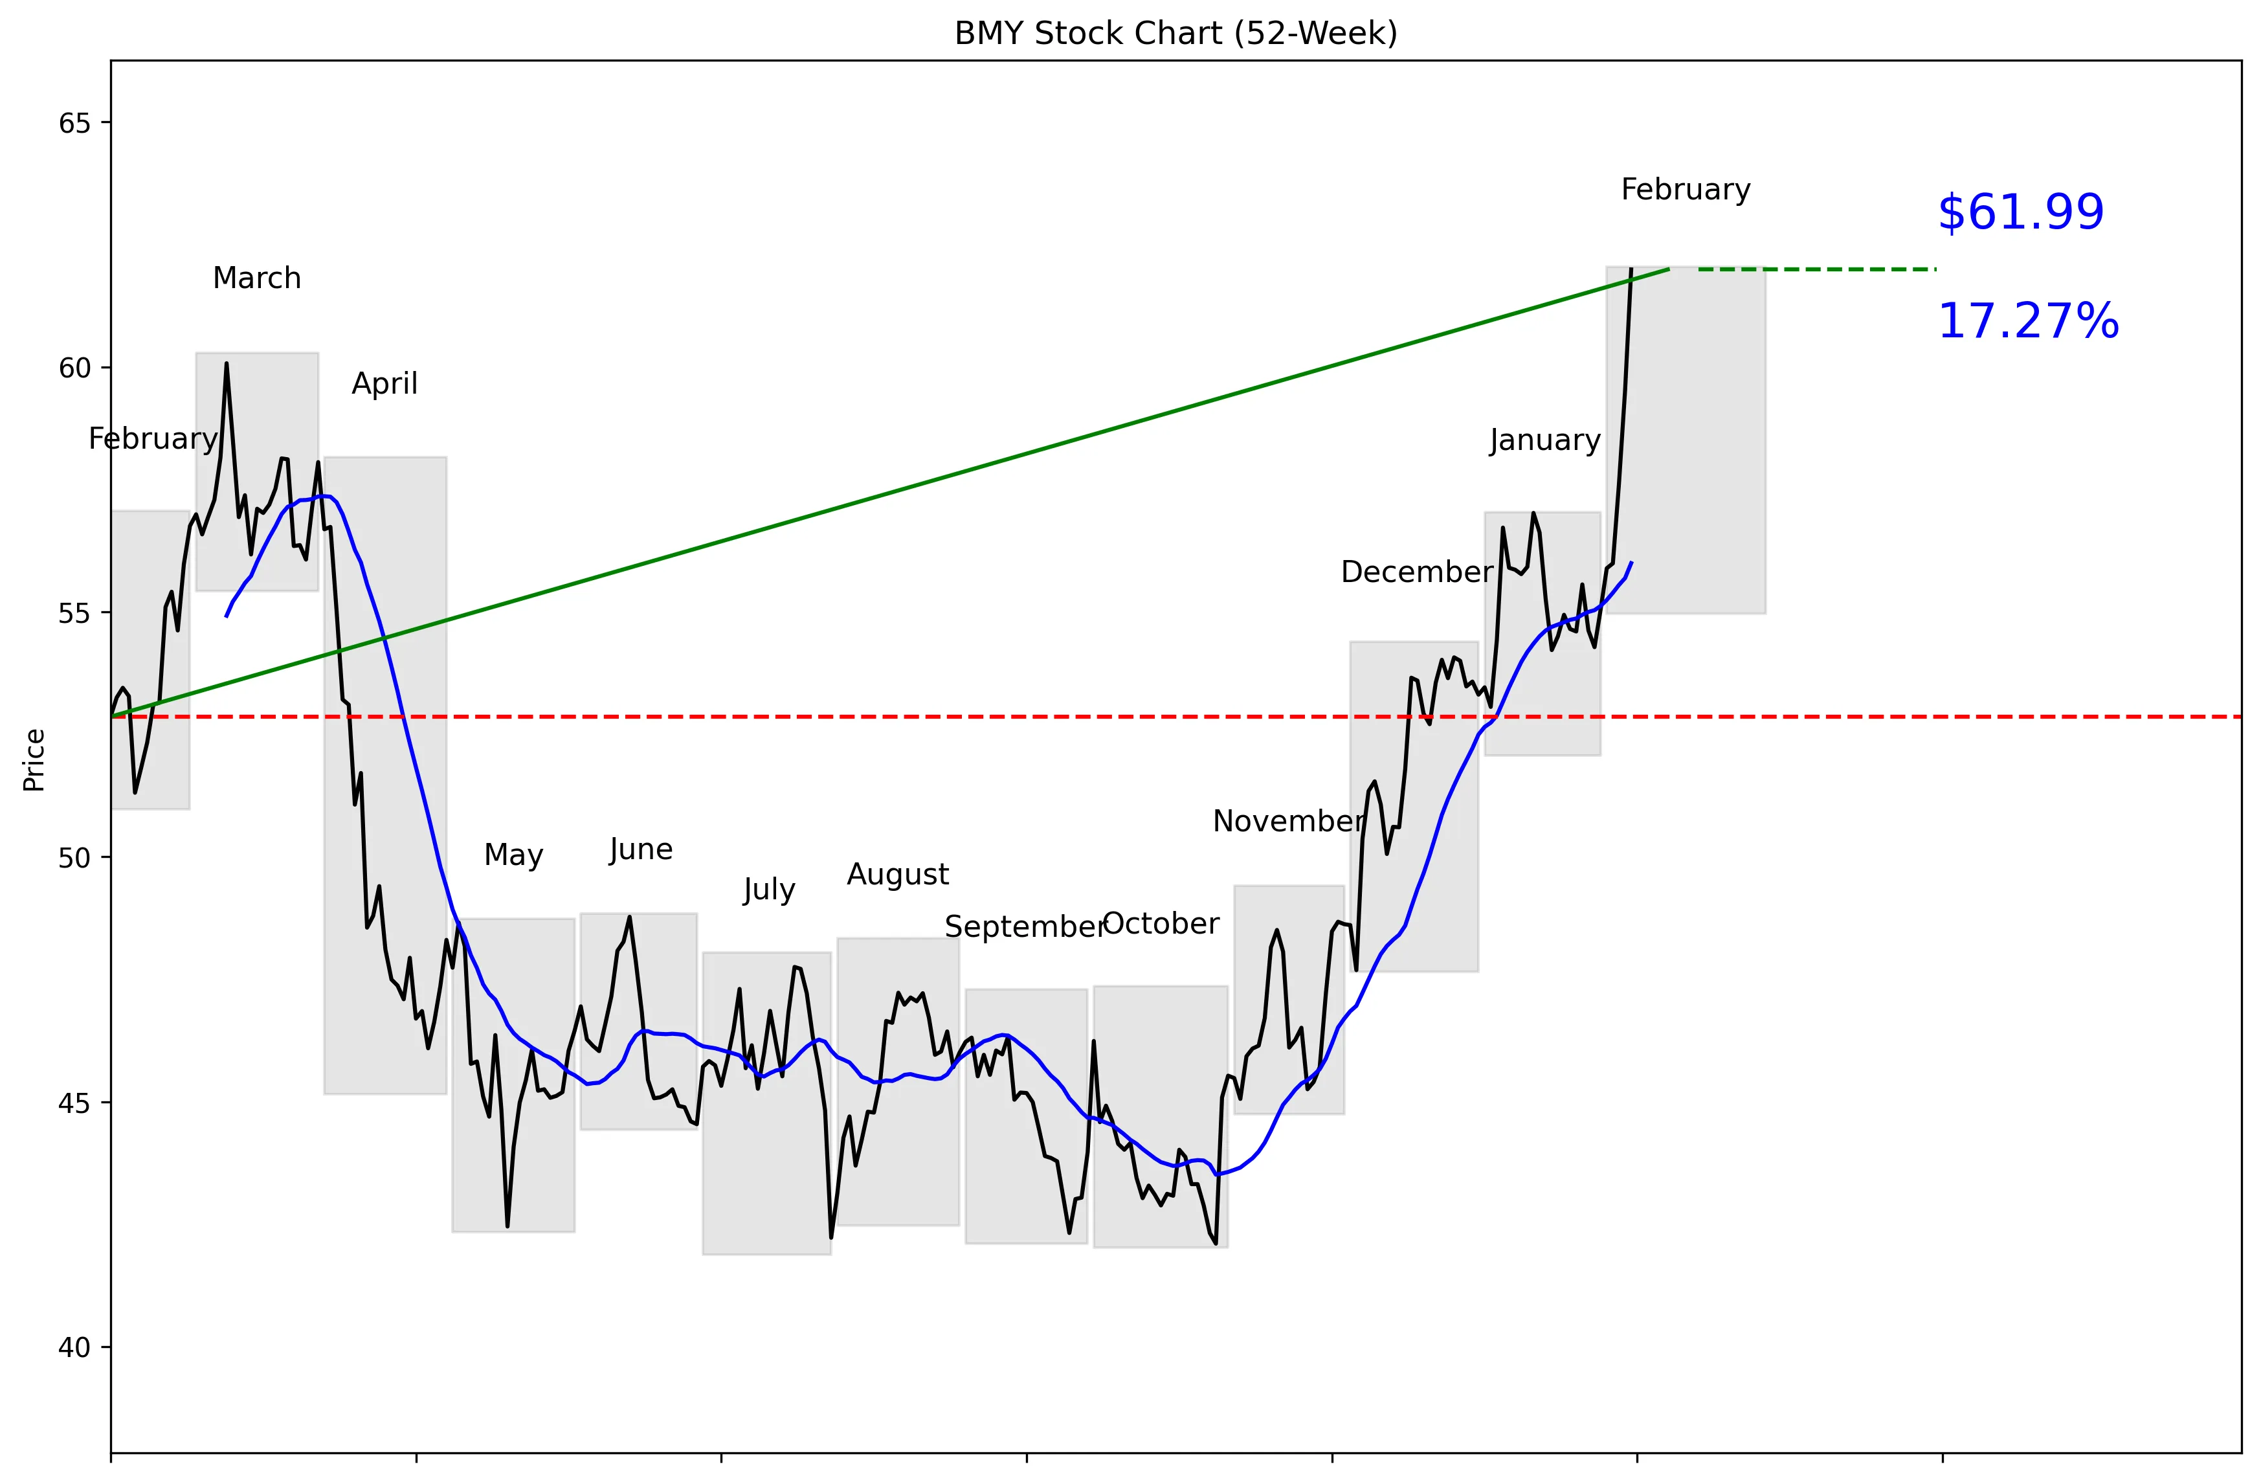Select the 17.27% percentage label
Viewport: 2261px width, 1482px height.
2027,321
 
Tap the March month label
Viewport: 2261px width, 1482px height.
256,278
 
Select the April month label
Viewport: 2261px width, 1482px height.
384,384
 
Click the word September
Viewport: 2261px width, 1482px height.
1024,926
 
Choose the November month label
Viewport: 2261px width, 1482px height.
1288,821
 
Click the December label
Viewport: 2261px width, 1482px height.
1416,572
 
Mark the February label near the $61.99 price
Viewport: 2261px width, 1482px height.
1686,190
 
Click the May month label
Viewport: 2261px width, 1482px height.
513,855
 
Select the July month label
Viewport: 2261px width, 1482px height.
768,890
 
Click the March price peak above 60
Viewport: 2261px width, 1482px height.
226,364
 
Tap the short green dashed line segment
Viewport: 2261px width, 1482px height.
1816,270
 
